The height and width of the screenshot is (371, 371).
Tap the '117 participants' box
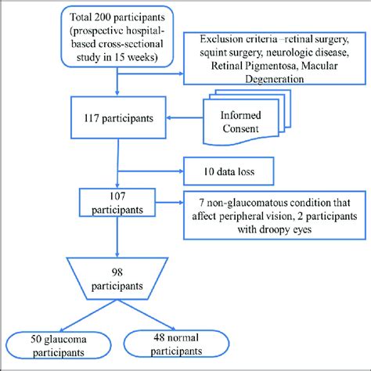click(117, 120)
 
